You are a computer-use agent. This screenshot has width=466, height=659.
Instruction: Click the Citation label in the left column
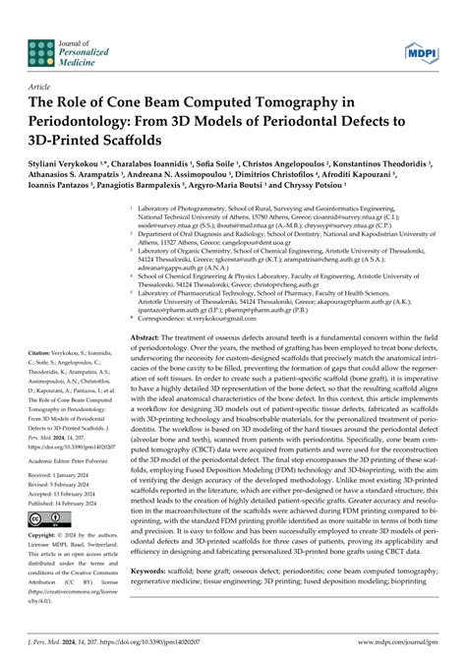[x=45, y=352]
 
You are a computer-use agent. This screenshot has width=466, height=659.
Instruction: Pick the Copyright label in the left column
[x=47, y=537]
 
